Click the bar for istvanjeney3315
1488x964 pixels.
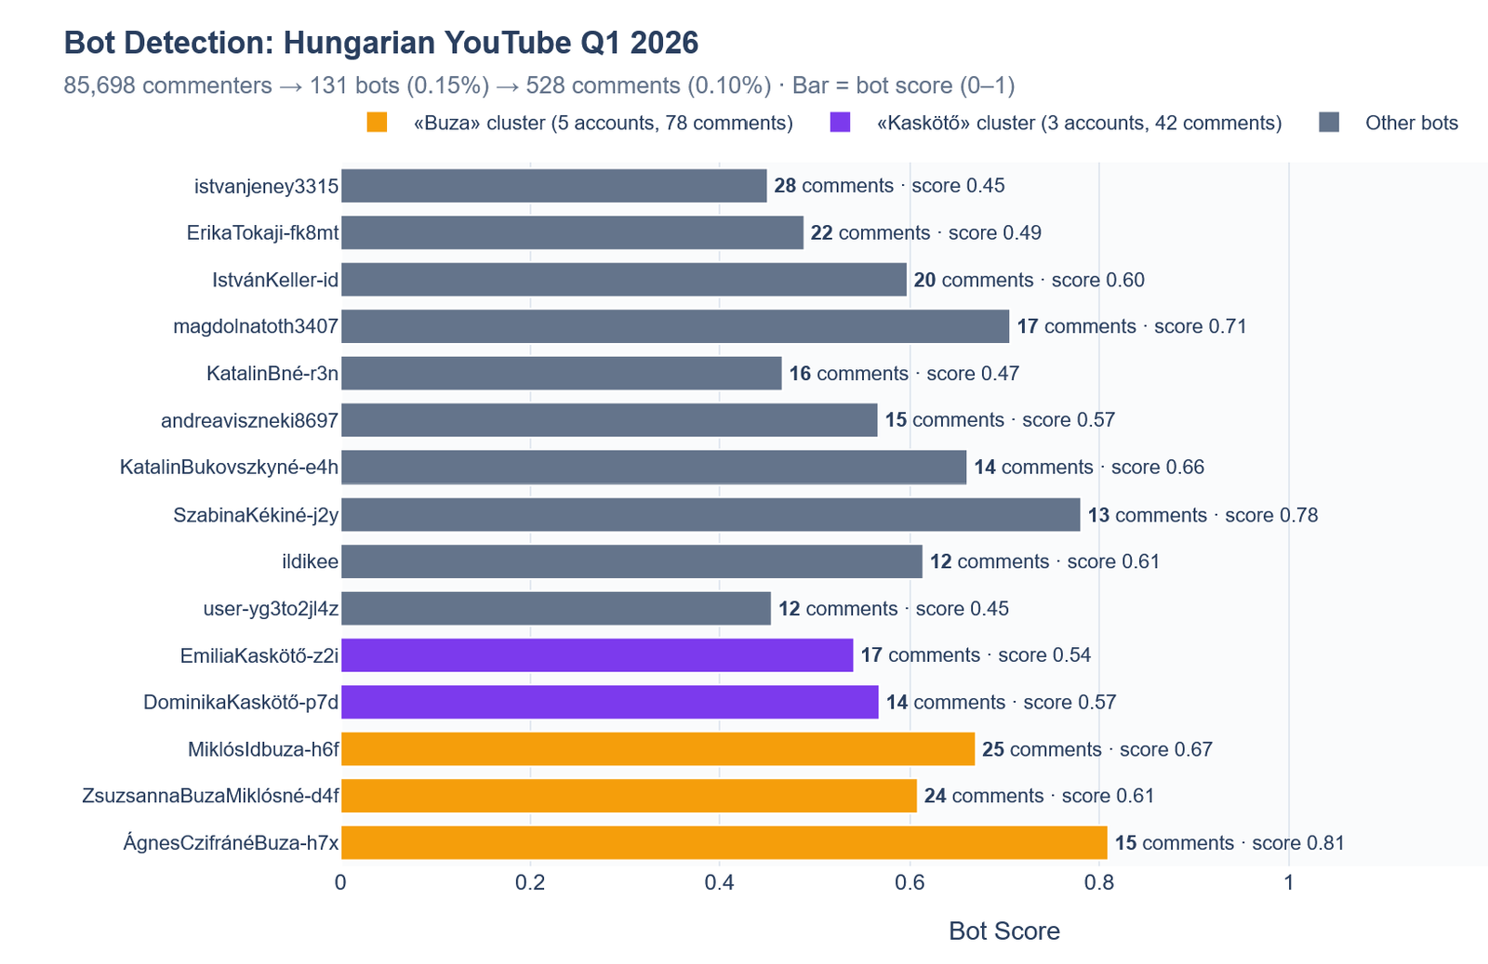[x=553, y=186]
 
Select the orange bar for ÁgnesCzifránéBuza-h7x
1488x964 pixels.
[x=724, y=843]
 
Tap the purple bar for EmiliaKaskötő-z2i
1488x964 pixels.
[x=596, y=655]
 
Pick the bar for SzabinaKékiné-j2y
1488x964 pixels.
[x=711, y=515]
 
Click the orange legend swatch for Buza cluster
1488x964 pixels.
[x=377, y=123]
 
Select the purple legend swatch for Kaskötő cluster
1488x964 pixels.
[x=840, y=123]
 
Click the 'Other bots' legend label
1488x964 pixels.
[x=1411, y=123]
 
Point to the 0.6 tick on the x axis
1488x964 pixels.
[x=910, y=882]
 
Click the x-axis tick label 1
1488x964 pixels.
[x=1289, y=882]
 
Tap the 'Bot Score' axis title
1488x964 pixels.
[x=1003, y=931]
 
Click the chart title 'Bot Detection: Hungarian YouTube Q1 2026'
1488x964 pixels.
[x=381, y=43]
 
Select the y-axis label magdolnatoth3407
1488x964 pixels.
[x=256, y=326]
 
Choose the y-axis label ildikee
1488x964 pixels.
[x=310, y=561]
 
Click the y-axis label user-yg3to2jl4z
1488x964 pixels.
[x=271, y=609]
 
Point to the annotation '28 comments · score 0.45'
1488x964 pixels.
[x=889, y=186]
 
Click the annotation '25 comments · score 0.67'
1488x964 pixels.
[x=1097, y=749]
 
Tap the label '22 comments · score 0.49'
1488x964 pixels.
[x=925, y=232]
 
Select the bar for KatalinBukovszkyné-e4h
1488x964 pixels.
[x=653, y=467]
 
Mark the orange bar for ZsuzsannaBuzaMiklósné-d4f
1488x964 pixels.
[x=629, y=796]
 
